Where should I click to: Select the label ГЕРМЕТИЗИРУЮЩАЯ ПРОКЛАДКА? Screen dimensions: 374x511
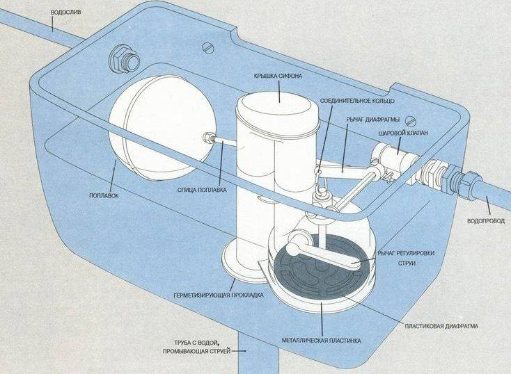click(x=219, y=295)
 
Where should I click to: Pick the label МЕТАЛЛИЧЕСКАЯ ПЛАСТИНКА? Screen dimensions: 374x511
click(x=322, y=341)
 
